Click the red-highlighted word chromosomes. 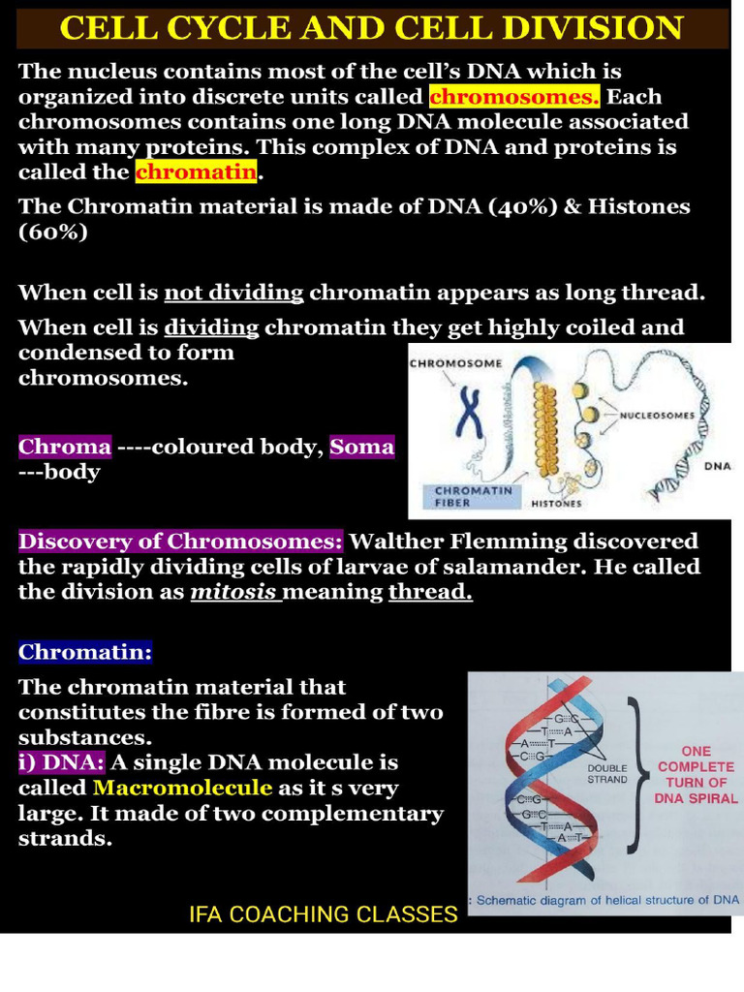(x=514, y=97)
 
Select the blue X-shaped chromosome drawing (x=470, y=412)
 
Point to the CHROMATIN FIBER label (x=466, y=497)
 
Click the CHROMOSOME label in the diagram (x=455, y=364)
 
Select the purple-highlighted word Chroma (x=65, y=447)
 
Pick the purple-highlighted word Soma (x=361, y=447)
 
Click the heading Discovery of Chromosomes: (x=181, y=541)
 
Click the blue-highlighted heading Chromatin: (x=85, y=652)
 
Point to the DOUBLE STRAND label (x=607, y=772)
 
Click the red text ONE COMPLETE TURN (x=696, y=774)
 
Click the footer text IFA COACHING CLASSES (x=323, y=914)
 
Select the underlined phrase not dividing (x=233, y=293)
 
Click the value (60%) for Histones (x=53, y=232)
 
